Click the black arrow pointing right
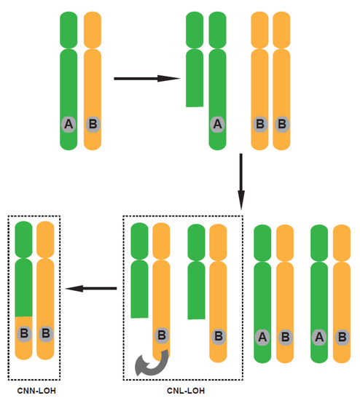coord(146,78)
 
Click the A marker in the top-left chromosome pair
coord(69,125)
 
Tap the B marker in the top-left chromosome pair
coord(93,125)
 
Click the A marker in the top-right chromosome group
coord(216,125)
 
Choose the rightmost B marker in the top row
coord(282,125)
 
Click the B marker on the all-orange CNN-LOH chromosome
coord(45,334)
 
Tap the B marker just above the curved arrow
coord(162,336)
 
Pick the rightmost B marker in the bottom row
coord(342,337)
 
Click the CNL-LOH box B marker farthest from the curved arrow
coord(218,336)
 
